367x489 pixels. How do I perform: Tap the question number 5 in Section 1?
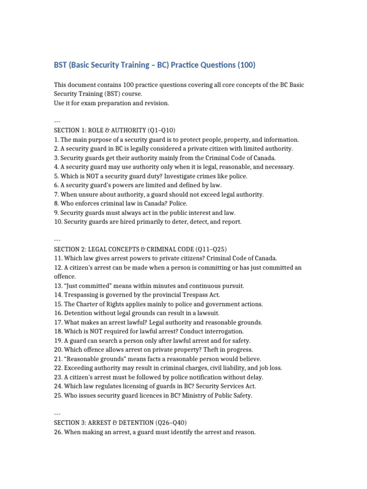(56, 176)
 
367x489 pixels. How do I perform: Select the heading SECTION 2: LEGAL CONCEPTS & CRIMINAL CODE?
(140, 249)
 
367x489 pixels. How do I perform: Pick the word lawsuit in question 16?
(206, 313)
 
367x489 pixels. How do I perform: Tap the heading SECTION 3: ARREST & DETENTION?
(120, 423)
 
